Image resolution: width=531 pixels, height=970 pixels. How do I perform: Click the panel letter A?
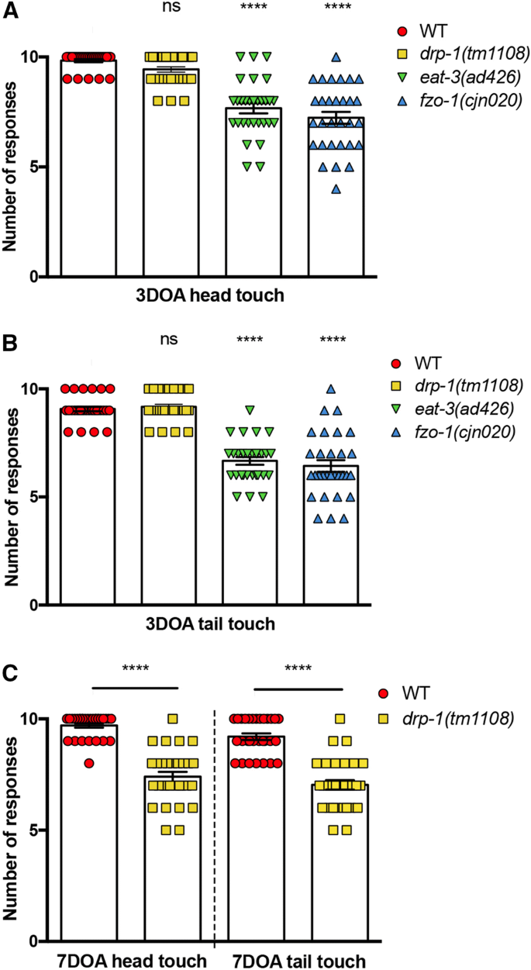[10, 11]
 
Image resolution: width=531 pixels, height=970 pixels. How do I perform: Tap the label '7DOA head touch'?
[133, 961]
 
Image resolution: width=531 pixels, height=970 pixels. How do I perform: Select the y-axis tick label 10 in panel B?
[42, 388]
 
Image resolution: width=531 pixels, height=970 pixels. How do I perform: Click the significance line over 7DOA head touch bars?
[134, 686]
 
